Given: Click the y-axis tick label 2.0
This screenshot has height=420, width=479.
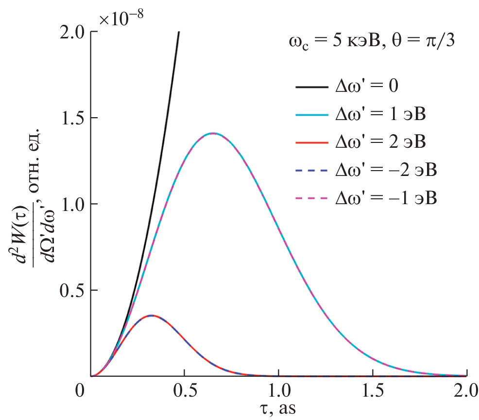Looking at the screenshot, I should click(x=72, y=32).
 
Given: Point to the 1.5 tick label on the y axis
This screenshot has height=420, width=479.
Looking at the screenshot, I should click(x=72, y=118).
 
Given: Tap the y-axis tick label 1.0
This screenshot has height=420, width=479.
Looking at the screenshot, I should click(x=72, y=204).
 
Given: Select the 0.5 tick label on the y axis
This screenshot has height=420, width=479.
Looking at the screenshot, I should click(x=72, y=290).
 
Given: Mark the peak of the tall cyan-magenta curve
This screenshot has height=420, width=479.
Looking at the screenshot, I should click(x=213, y=133).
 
